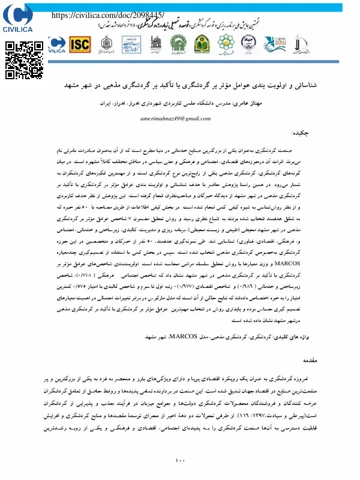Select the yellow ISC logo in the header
(80, 44)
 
